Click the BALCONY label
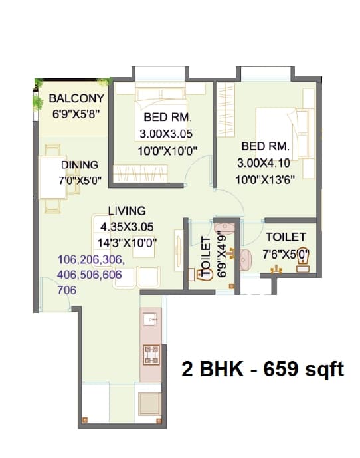[x=74, y=99]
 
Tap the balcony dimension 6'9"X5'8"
[x=76, y=113]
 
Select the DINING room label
[x=80, y=164]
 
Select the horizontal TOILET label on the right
[x=286, y=237]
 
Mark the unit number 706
[x=68, y=290]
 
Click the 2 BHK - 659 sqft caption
[x=262, y=369]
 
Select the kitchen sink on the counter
[x=151, y=320]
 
